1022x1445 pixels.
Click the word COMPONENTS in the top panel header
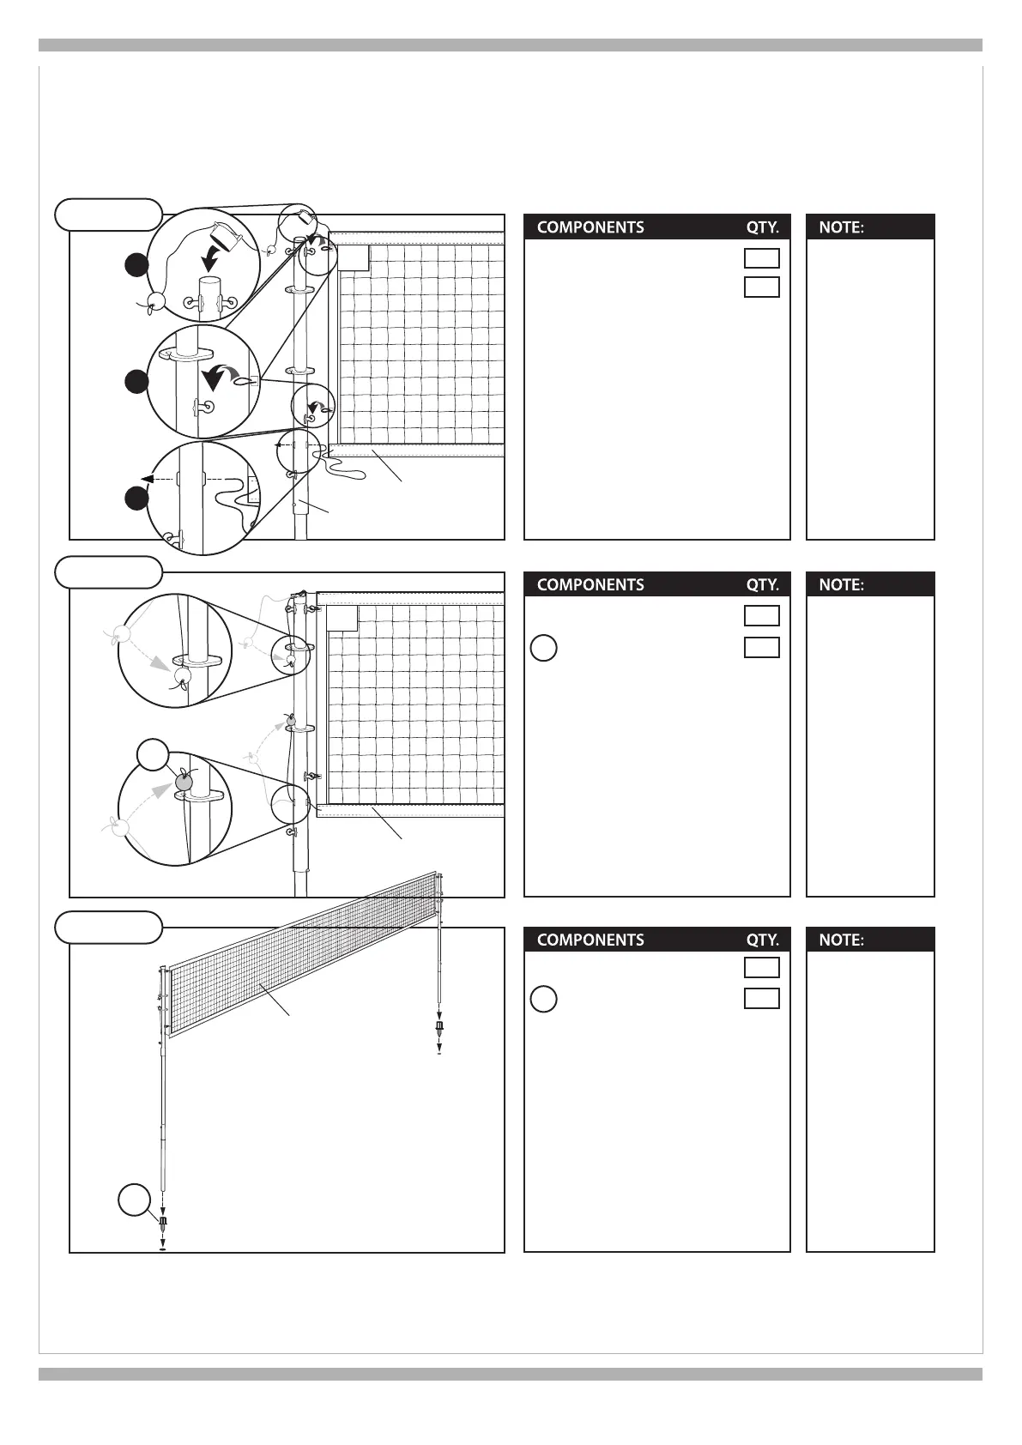tap(590, 227)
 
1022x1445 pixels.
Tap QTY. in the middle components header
tap(762, 585)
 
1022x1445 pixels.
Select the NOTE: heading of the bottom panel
tap(841, 940)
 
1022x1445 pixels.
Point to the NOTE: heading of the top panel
tap(841, 227)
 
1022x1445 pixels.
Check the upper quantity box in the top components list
tap(761, 258)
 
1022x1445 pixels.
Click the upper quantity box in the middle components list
tap(761, 616)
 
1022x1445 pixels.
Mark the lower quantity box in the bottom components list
tap(761, 998)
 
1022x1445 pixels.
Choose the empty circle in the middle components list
tap(543, 648)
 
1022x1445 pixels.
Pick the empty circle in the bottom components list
tap(543, 999)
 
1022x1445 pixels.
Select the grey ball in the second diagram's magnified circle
tap(184, 782)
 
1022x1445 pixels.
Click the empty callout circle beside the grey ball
tap(153, 755)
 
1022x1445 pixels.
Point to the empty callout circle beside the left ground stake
tap(134, 1200)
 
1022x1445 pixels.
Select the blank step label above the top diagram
tap(108, 214)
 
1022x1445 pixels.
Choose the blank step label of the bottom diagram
tap(108, 927)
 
